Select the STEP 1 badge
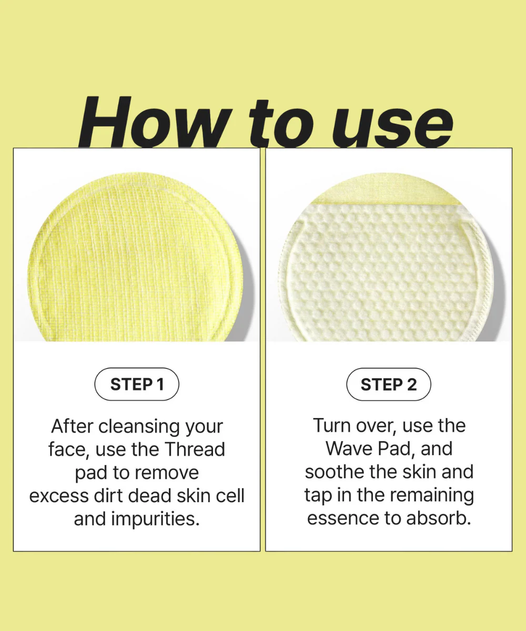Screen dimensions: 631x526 pos(137,384)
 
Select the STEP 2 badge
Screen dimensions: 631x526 pos(389,384)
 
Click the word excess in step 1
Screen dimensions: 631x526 pos(58,496)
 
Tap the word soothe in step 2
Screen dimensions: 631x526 pos(335,472)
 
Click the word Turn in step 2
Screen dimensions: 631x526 pos(332,425)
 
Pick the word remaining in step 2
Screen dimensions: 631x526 pos(433,495)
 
